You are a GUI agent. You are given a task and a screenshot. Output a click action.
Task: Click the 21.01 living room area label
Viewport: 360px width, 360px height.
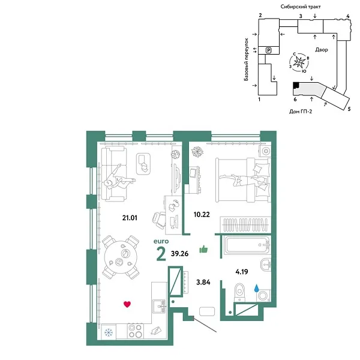pyautogui.click(x=129, y=218)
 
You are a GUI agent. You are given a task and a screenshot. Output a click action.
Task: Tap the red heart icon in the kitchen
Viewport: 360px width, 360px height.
pyautogui.click(x=127, y=304)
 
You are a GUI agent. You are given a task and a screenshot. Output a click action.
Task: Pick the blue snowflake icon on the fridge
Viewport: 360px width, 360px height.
pyautogui.click(x=109, y=332)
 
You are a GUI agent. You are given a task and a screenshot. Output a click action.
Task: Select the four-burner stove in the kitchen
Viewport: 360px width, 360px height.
pyautogui.click(x=136, y=331)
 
